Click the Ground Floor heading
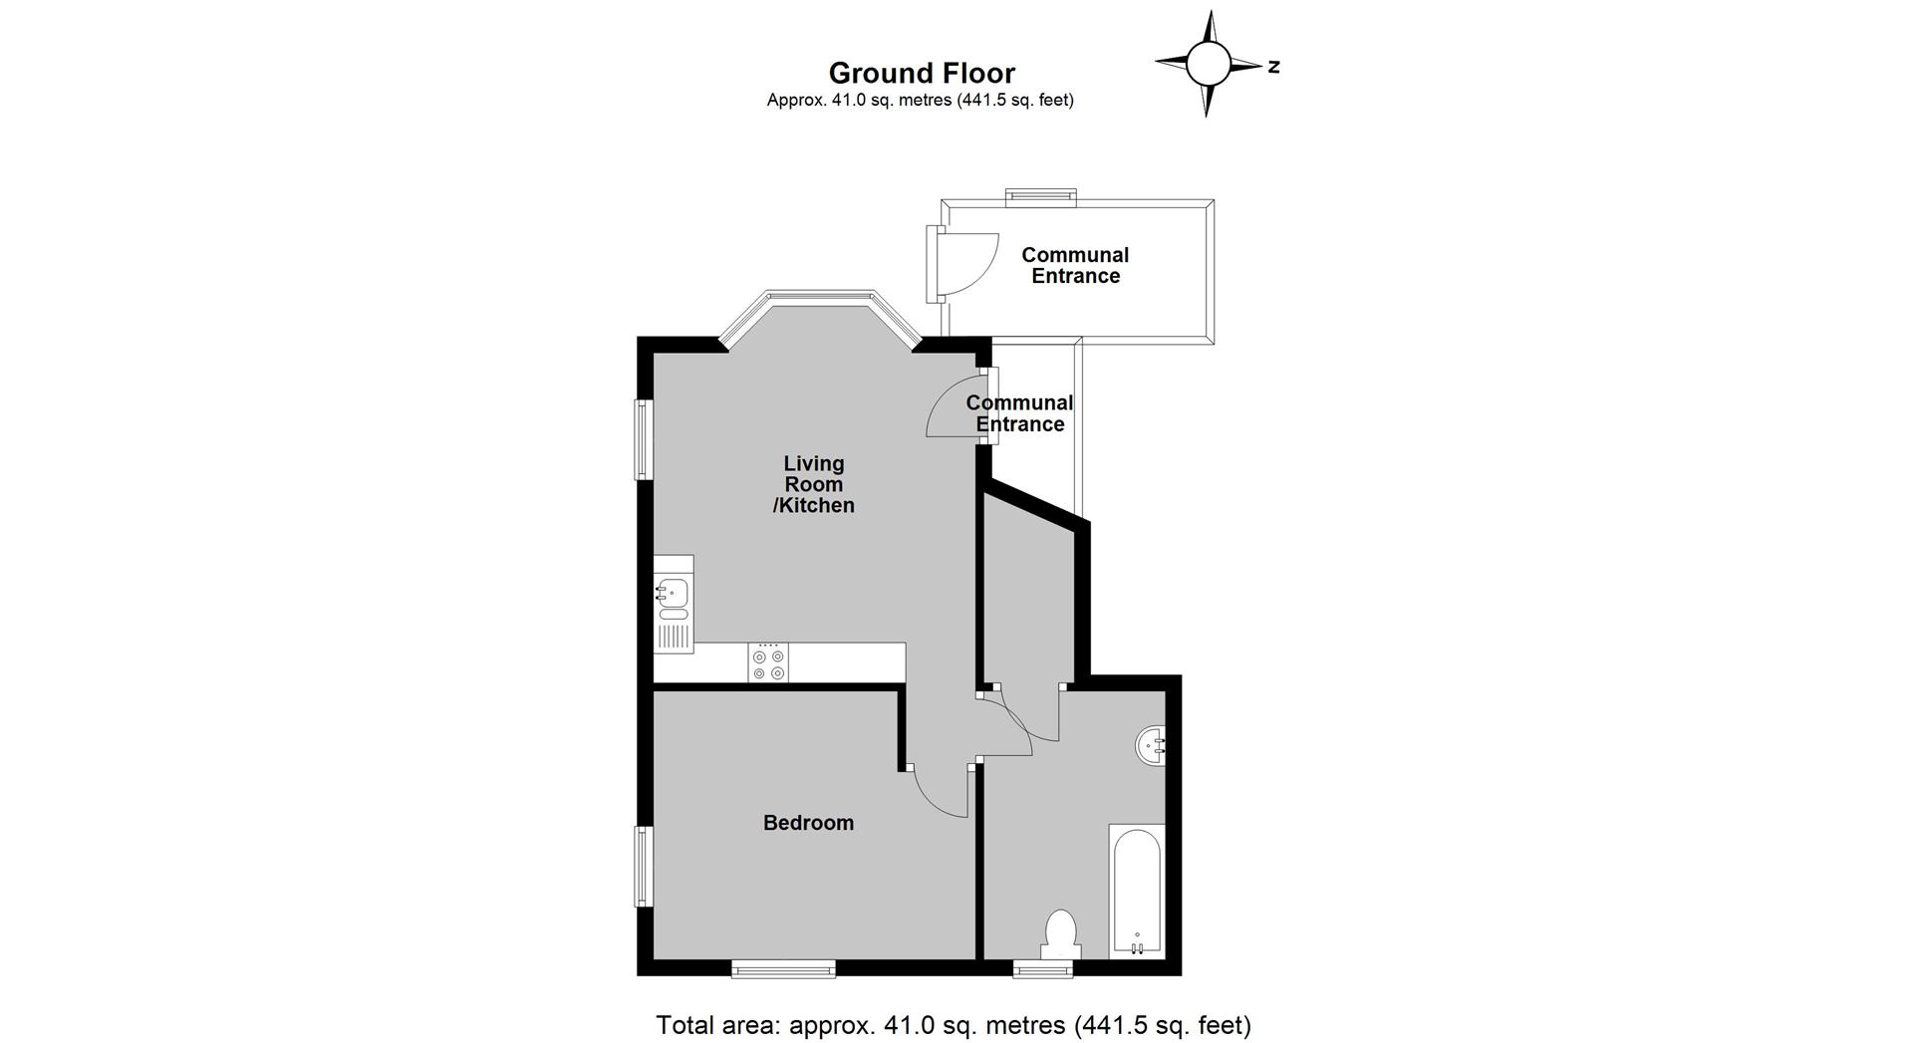[922, 74]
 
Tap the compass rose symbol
[1209, 64]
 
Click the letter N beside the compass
[1274, 67]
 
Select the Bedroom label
[808, 823]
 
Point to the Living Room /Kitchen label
[814, 484]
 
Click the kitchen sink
[674, 604]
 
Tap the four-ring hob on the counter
[768, 662]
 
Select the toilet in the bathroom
[1060, 934]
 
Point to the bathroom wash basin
[1152, 745]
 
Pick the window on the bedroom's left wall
[645, 867]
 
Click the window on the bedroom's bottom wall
[783, 968]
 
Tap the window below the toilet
[1045, 968]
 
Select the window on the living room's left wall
[645, 439]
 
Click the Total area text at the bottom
[954, 1024]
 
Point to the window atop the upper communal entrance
[1041, 196]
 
